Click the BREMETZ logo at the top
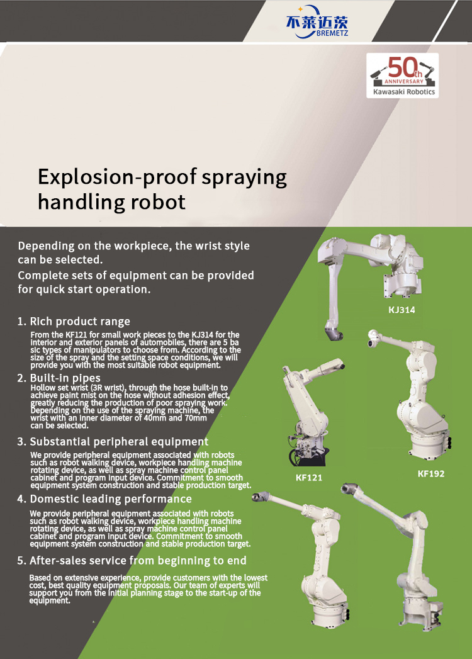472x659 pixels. pyautogui.click(x=317, y=22)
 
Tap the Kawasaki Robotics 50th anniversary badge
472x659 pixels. pyautogui.click(x=402, y=76)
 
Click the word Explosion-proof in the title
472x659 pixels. pyautogui.click(x=117, y=177)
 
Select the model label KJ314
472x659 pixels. pyautogui.click(x=402, y=310)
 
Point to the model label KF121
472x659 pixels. pyautogui.click(x=309, y=478)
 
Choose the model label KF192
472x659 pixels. pyautogui.click(x=431, y=474)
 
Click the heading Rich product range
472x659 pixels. pyautogui.click(x=80, y=322)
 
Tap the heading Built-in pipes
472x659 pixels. pyautogui.click(x=65, y=378)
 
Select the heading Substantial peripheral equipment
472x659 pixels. pyautogui.click(x=119, y=442)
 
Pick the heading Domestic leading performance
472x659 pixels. pyautogui.click(x=111, y=499)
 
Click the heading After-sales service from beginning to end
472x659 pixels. pyautogui.click(x=138, y=561)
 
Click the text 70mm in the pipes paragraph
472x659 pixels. pyautogui.click(x=196, y=418)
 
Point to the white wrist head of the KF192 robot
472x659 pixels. pyautogui.click(x=373, y=338)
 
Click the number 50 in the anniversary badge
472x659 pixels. pyautogui.click(x=402, y=67)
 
